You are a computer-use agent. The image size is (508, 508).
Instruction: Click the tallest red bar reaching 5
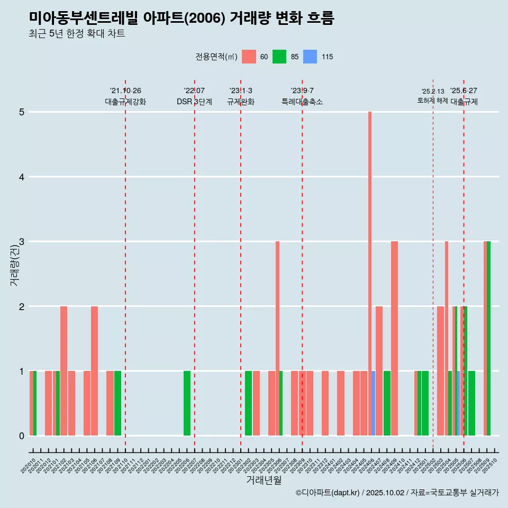(x=370, y=265)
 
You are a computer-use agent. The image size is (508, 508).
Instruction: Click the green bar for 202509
(x=489, y=339)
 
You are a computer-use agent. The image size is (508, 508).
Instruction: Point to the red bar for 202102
(x=63, y=370)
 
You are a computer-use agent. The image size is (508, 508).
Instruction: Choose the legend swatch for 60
(x=249, y=57)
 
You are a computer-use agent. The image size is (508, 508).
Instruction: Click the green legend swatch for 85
(x=279, y=57)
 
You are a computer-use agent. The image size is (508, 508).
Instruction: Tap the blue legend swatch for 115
(x=310, y=57)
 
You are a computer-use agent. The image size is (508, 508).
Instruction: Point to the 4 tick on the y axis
(x=22, y=177)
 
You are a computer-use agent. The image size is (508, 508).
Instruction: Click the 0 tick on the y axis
(x=22, y=436)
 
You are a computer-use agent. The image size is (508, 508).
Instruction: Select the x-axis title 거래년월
(x=264, y=480)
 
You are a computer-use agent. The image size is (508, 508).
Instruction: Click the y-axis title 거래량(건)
(x=14, y=265)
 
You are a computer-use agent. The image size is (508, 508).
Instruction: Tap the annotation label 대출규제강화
(x=125, y=102)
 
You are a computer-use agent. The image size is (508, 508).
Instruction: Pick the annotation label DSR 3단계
(x=194, y=102)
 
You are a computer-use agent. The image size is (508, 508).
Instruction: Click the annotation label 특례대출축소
(x=302, y=102)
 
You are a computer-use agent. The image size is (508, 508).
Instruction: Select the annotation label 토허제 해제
(x=433, y=101)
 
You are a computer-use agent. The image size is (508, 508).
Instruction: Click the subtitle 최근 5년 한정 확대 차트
(x=77, y=34)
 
